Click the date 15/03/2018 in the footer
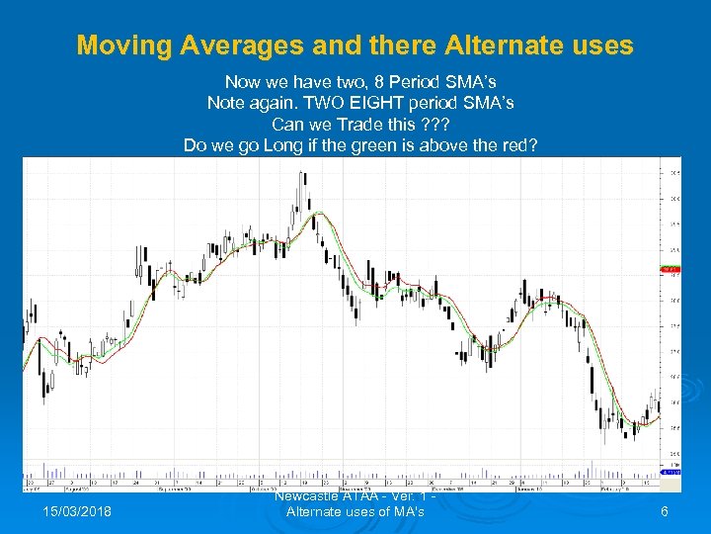point(78,511)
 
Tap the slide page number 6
point(665,511)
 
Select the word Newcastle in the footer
point(307,497)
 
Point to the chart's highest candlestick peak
point(302,173)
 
